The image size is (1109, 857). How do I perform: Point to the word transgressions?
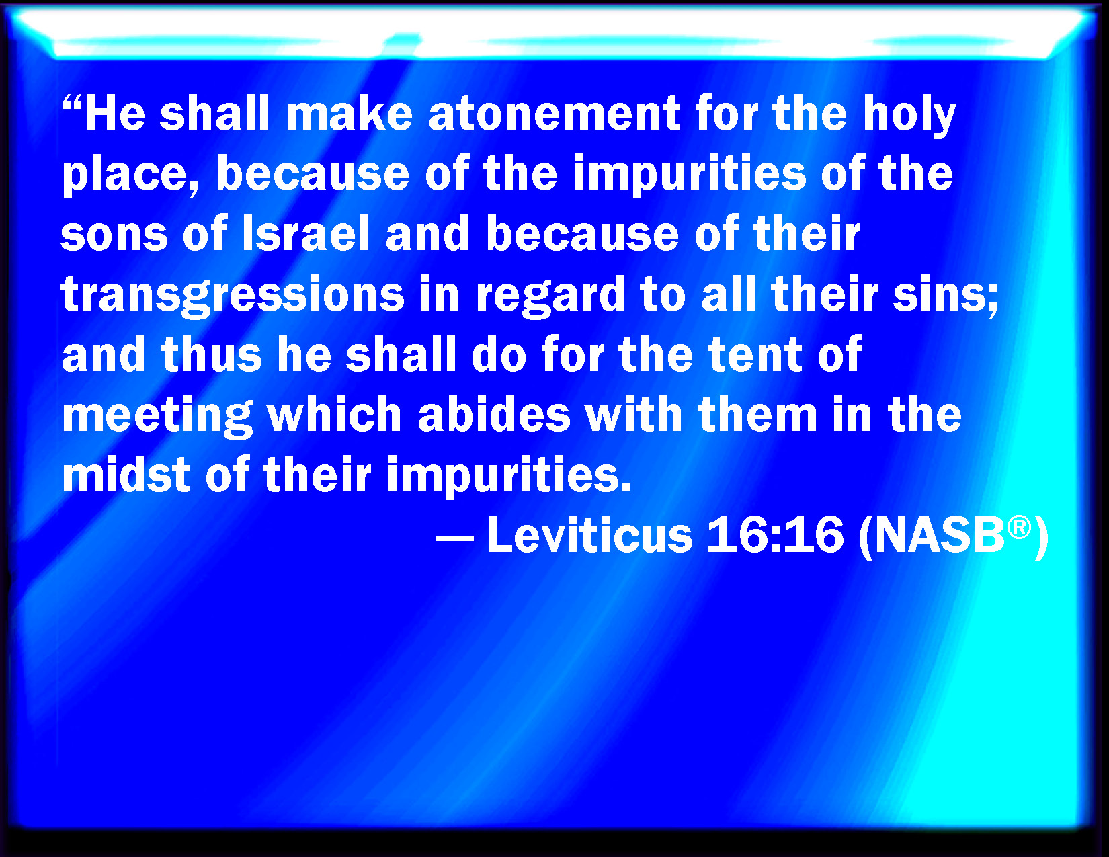point(233,296)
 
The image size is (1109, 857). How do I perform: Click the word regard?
point(550,296)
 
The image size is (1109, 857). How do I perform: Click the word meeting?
point(157,417)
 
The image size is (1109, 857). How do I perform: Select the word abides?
point(494,414)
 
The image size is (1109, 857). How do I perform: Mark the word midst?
point(126,474)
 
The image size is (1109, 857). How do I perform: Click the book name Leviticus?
point(590,534)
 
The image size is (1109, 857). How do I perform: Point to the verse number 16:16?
point(775,534)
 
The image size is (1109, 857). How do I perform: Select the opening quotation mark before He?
point(73,104)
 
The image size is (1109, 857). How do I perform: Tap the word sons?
point(114,237)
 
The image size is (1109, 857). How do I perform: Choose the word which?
point(335,414)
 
